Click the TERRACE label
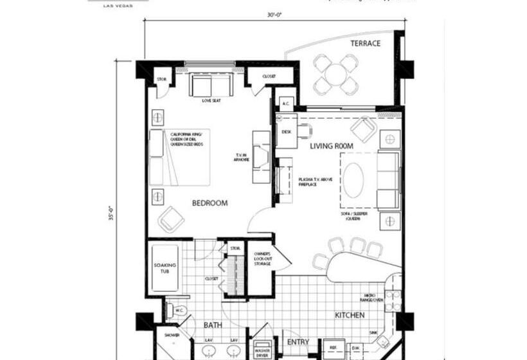coord(365,44)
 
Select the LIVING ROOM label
coord(332,147)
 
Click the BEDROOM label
coord(210,203)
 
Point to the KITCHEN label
coord(350,316)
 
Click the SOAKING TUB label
coord(161,269)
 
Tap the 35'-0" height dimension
coord(110,213)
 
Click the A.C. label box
coord(285,103)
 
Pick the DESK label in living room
coord(286,130)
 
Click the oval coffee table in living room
coord(353,179)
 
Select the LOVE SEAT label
coord(211,101)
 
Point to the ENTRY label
coord(298,342)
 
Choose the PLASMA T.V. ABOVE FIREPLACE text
coord(316,182)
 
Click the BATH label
coord(213,325)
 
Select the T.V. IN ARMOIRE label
coord(241,157)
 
